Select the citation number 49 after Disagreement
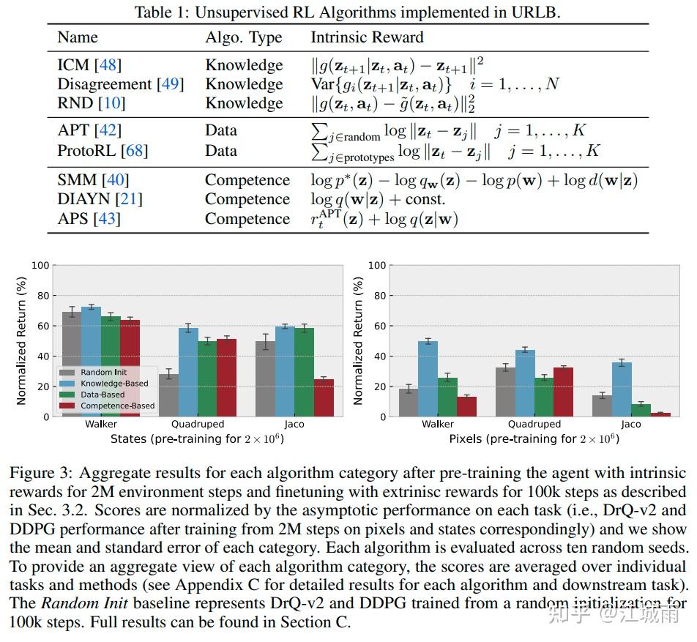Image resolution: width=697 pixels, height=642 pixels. [x=170, y=85]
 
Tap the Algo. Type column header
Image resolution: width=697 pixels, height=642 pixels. [x=244, y=37]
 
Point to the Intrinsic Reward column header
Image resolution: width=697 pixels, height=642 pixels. [x=367, y=37]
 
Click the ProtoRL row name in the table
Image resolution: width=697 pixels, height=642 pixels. [x=102, y=151]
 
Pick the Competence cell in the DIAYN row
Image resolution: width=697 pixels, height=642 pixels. [x=247, y=199]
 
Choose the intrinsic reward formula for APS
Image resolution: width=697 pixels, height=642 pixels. [x=384, y=219]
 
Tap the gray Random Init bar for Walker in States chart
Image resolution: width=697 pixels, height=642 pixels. [x=72, y=364]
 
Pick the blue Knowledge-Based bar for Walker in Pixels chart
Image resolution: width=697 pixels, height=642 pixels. [x=428, y=378]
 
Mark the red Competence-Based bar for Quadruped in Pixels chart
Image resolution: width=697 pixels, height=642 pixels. [x=563, y=392]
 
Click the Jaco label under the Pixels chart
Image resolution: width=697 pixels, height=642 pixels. [x=630, y=424]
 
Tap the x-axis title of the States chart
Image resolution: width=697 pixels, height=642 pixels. [x=196, y=439]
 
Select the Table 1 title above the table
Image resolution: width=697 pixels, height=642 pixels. [x=348, y=12]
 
